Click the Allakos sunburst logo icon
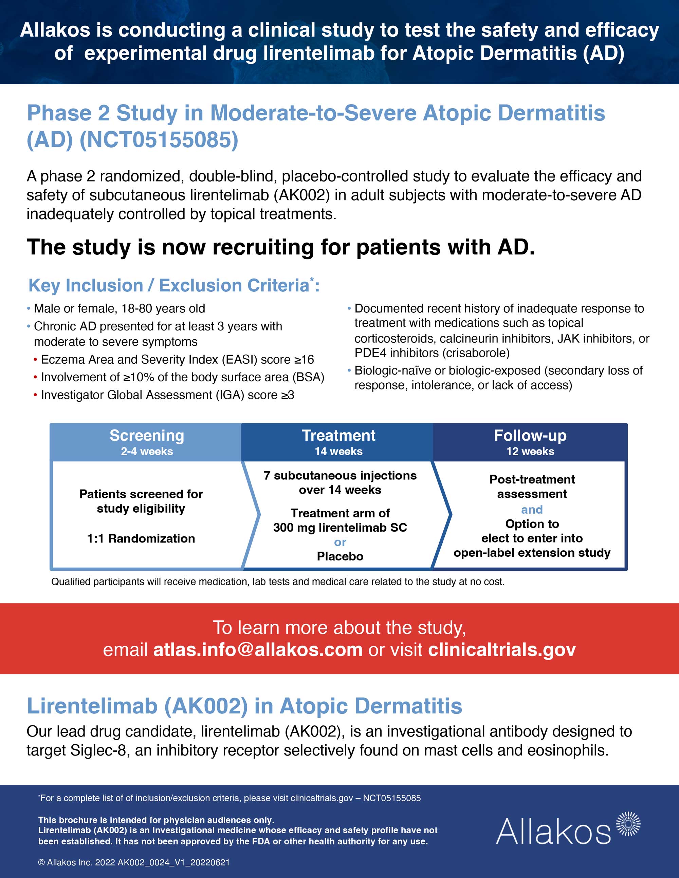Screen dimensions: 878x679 [628, 824]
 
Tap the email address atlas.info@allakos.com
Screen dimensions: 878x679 [258, 650]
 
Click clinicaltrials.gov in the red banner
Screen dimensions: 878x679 [501, 650]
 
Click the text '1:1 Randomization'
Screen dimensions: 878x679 [141, 538]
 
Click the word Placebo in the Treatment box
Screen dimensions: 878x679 [340, 556]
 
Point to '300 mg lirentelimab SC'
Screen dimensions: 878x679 [340, 528]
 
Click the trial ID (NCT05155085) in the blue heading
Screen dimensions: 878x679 [159, 140]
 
